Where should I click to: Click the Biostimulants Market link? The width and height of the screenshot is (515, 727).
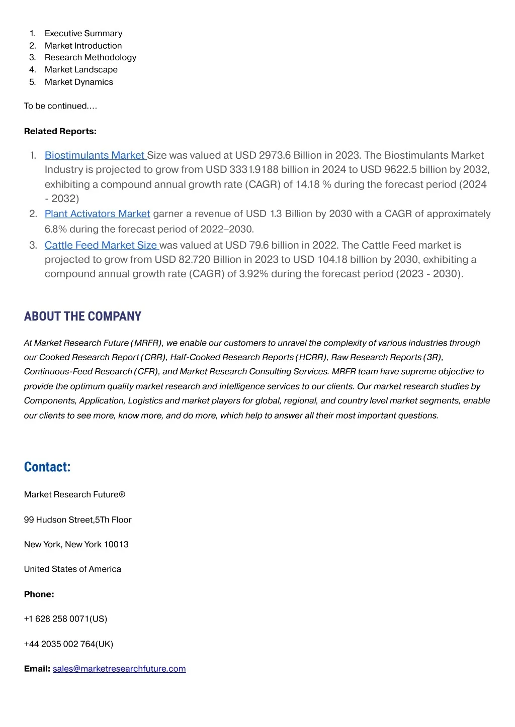(x=95, y=155)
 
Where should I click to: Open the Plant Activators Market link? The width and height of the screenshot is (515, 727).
(x=97, y=214)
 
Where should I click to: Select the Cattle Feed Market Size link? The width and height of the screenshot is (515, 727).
(x=101, y=245)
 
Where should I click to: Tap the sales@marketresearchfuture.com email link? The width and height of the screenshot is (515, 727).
(x=119, y=669)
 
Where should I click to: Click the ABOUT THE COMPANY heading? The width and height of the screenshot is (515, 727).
(x=82, y=317)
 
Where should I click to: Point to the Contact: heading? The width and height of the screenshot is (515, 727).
(x=47, y=467)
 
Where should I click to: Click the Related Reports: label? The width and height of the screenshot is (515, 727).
(x=60, y=132)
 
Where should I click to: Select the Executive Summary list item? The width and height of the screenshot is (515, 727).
(x=83, y=34)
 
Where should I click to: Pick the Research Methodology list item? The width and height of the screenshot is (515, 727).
(x=91, y=58)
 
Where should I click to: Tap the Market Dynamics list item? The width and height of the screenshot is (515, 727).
(x=79, y=82)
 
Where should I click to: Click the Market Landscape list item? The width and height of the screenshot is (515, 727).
(x=81, y=70)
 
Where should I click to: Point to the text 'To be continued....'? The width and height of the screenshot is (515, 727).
(x=60, y=106)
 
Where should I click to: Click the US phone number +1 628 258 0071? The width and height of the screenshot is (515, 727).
(x=65, y=619)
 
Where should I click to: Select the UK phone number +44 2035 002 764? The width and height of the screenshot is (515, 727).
(x=68, y=644)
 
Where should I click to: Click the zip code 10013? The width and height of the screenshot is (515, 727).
(x=116, y=545)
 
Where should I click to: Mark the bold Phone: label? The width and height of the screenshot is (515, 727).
(x=39, y=594)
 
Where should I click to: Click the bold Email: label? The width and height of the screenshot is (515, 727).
(x=37, y=669)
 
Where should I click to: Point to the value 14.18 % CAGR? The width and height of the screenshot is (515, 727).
(x=313, y=184)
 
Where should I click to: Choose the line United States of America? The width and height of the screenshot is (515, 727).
(x=72, y=569)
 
